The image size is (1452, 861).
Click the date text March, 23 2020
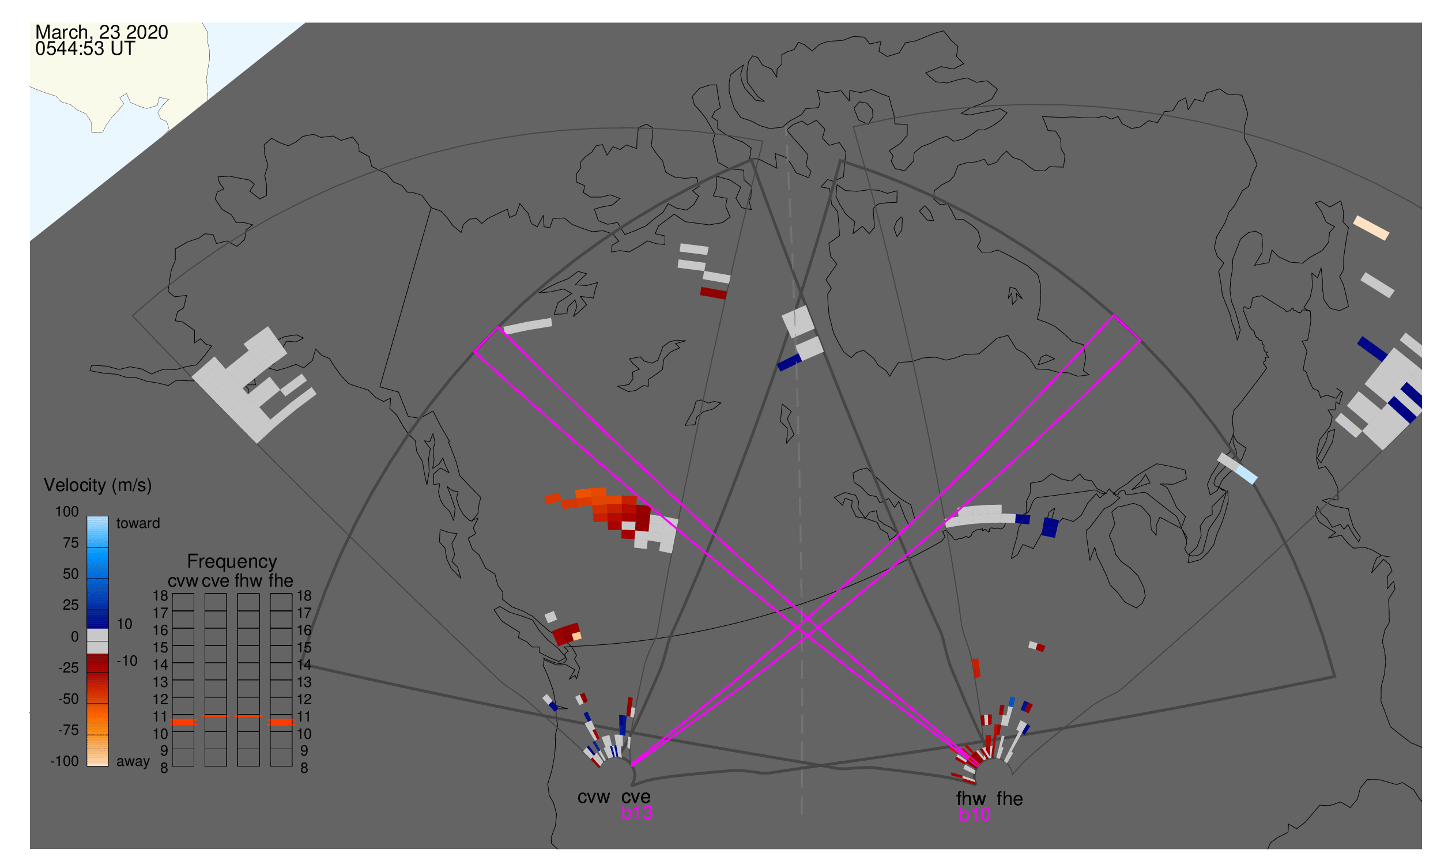coord(101,32)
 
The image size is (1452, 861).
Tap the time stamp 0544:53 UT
coord(85,49)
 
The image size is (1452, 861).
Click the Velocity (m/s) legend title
coord(97,485)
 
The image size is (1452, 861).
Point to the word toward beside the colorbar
coord(138,523)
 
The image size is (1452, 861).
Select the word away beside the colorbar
coord(133,762)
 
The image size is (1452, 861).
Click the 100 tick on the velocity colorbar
coord(67,512)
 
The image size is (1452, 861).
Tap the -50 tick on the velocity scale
coord(68,699)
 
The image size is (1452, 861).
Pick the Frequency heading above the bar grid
coord(232,561)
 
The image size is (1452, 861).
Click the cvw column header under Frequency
coord(183,581)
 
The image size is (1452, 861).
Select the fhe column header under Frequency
coord(281,581)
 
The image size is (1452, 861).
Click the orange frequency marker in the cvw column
coord(183,722)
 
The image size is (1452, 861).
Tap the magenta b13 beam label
coord(636,813)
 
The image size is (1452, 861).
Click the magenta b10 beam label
coord(974,814)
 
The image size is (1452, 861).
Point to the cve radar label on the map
coord(635,796)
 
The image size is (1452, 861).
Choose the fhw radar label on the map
coord(971,799)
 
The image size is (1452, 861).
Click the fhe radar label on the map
coord(1009,799)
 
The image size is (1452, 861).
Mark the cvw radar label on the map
coord(593,796)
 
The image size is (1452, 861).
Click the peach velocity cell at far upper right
coord(1371,228)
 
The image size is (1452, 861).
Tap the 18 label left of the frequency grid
coord(160,596)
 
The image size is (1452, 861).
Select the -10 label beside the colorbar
coord(126,661)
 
